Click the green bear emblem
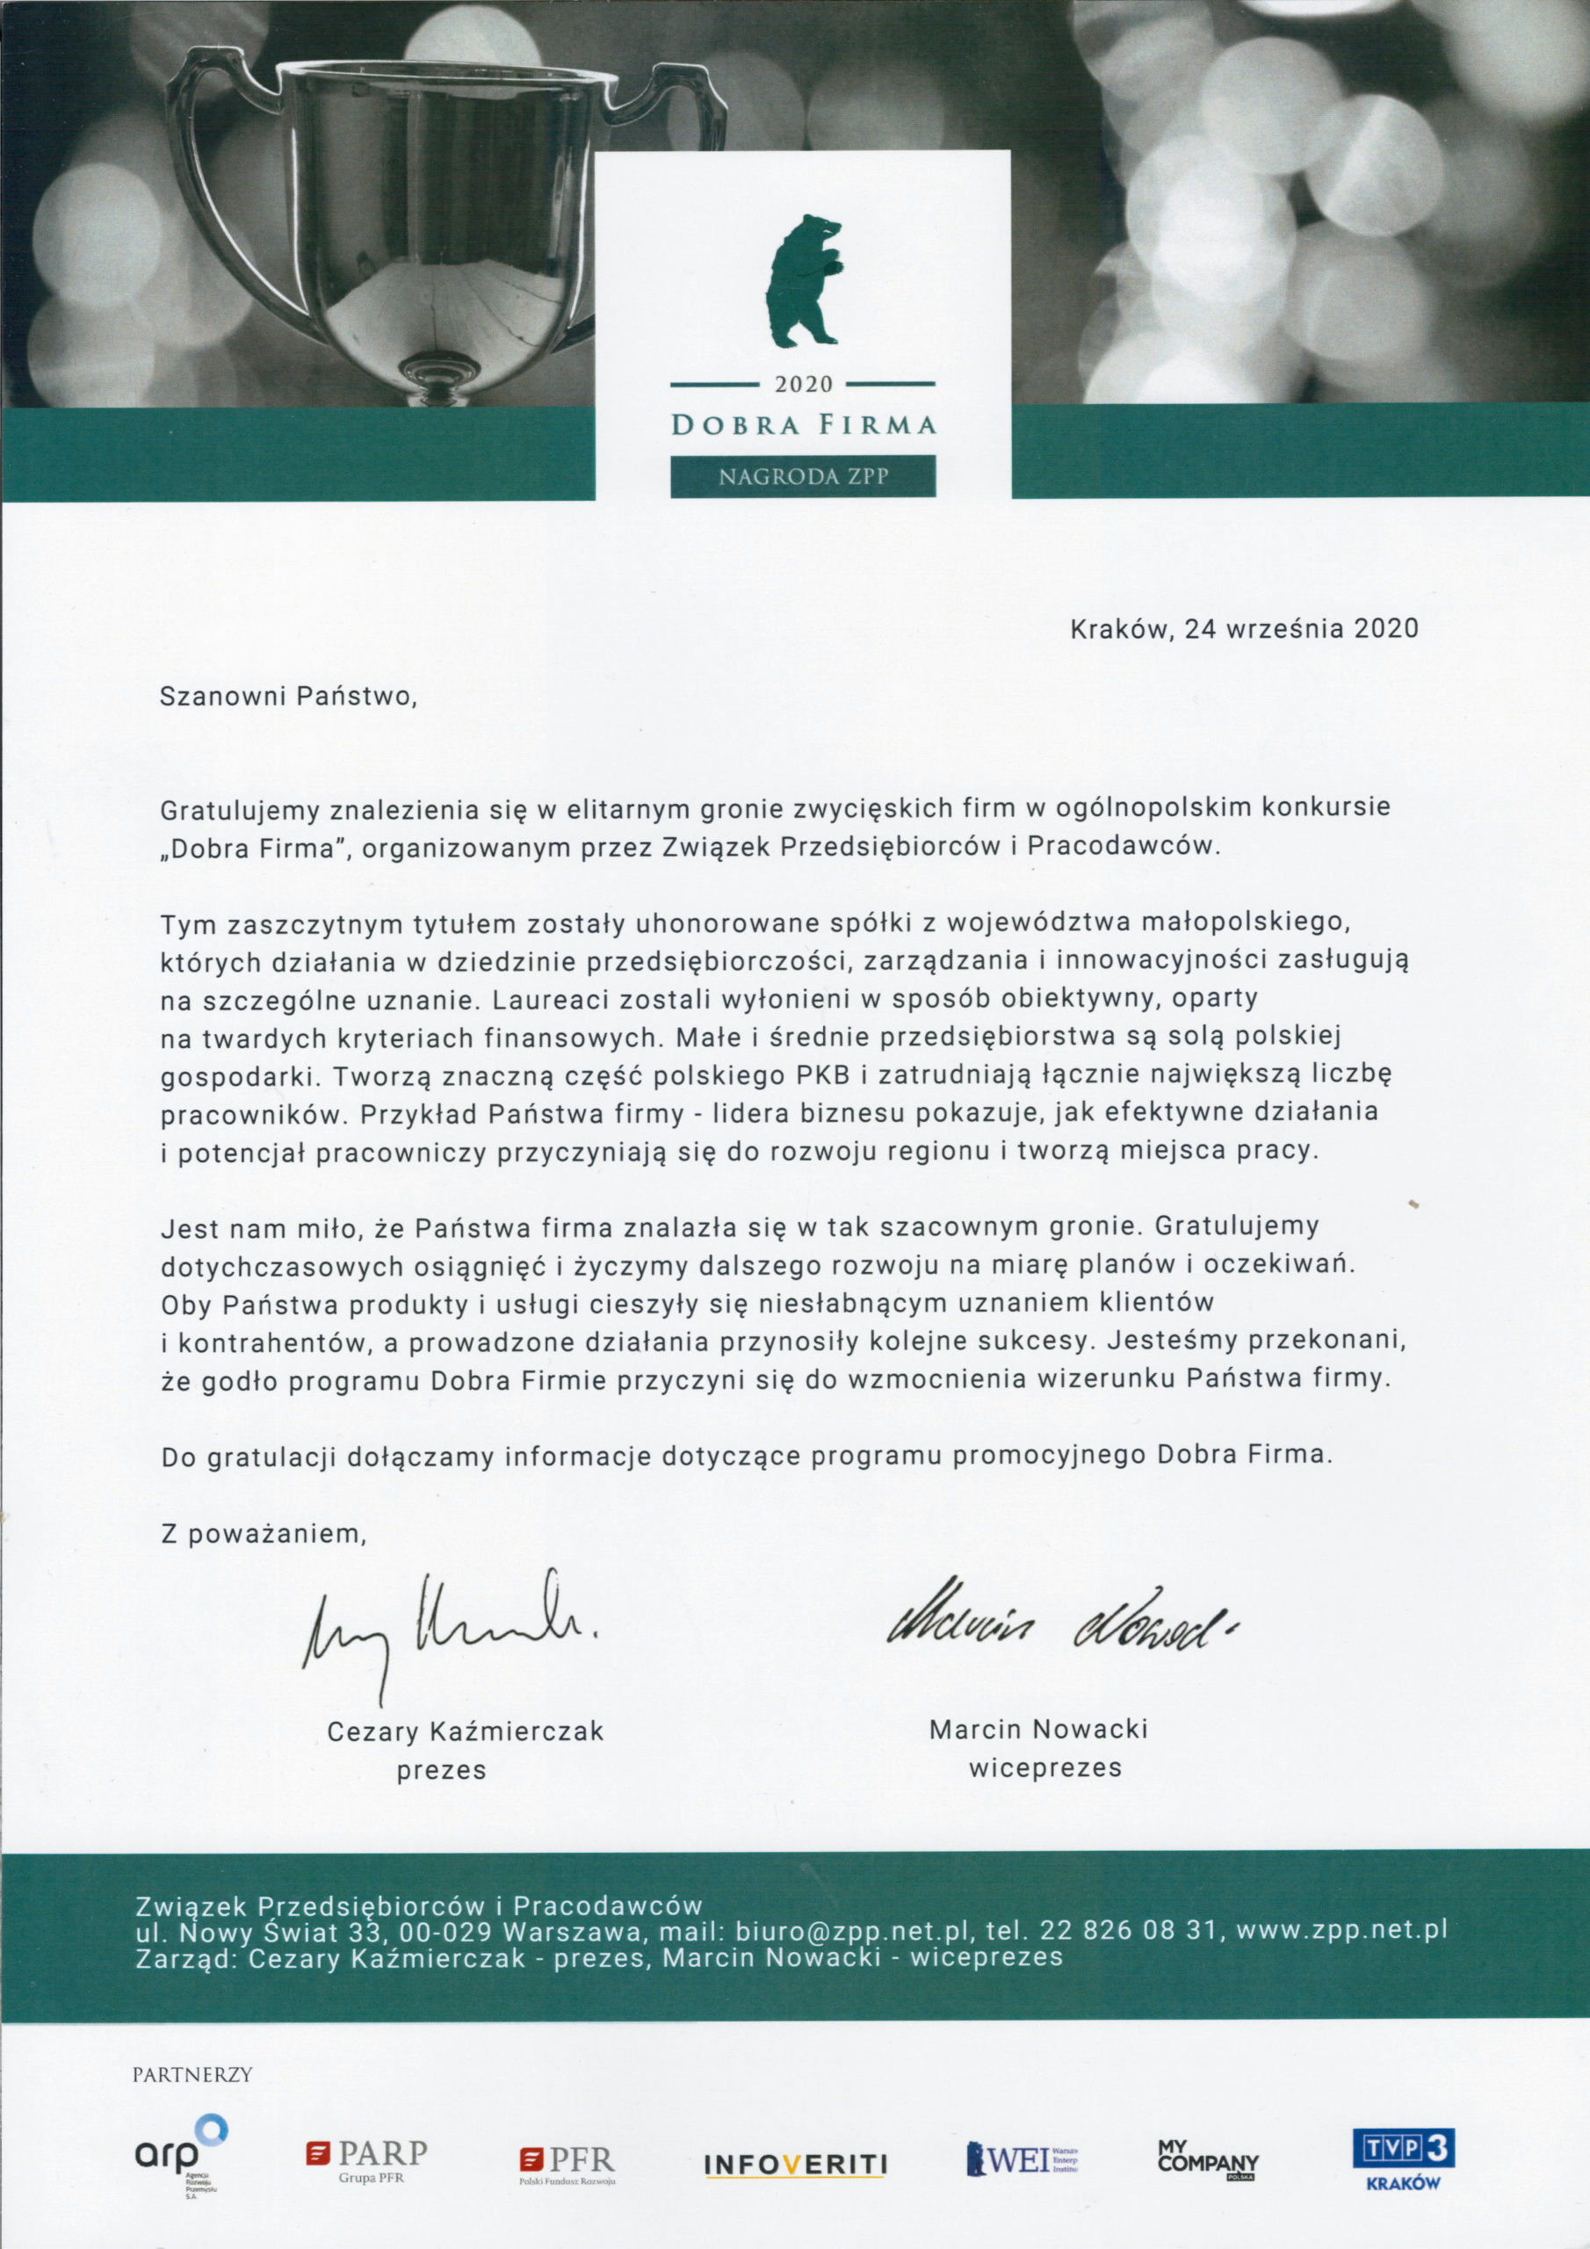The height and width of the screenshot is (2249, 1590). [x=802, y=281]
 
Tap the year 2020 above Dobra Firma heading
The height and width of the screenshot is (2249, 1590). [x=803, y=385]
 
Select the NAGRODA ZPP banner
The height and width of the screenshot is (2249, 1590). [x=803, y=477]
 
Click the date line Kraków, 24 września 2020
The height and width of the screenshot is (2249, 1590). [x=1244, y=628]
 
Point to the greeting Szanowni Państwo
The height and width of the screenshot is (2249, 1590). [x=288, y=697]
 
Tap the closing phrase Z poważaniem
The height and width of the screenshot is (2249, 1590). [x=264, y=1534]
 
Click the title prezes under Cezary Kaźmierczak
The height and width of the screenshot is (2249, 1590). [x=441, y=1771]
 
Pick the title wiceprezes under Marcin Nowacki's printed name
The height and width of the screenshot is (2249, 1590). [x=1044, y=1768]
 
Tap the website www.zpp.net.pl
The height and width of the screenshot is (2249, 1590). [x=1341, y=1930]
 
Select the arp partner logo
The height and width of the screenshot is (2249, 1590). [x=181, y=2153]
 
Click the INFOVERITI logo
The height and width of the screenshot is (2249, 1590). [x=796, y=2163]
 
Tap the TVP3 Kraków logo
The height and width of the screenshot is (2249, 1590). [x=1403, y=2158]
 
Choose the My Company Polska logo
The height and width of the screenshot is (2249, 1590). [x=1207, y=2159]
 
